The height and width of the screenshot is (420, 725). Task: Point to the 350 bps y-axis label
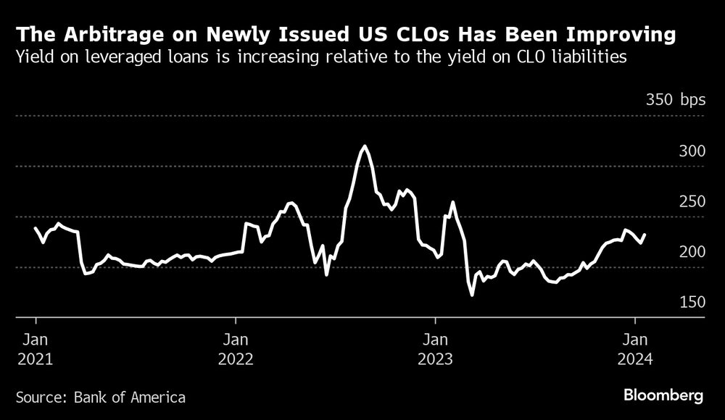(675, 100)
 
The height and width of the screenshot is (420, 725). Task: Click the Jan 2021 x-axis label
(35, 348)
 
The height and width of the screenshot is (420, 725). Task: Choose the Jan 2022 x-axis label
(235, 348)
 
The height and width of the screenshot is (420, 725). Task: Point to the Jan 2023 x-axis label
(435, 348)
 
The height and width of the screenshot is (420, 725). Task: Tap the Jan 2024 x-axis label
(635, 348)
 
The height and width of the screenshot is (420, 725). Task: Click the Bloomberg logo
(663, 396)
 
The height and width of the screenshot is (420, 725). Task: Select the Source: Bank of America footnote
(100, 397)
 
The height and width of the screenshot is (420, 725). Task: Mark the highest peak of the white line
(364, 146)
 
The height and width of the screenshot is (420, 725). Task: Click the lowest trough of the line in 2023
(473, 295)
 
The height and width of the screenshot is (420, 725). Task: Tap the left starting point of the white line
(35, 228)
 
